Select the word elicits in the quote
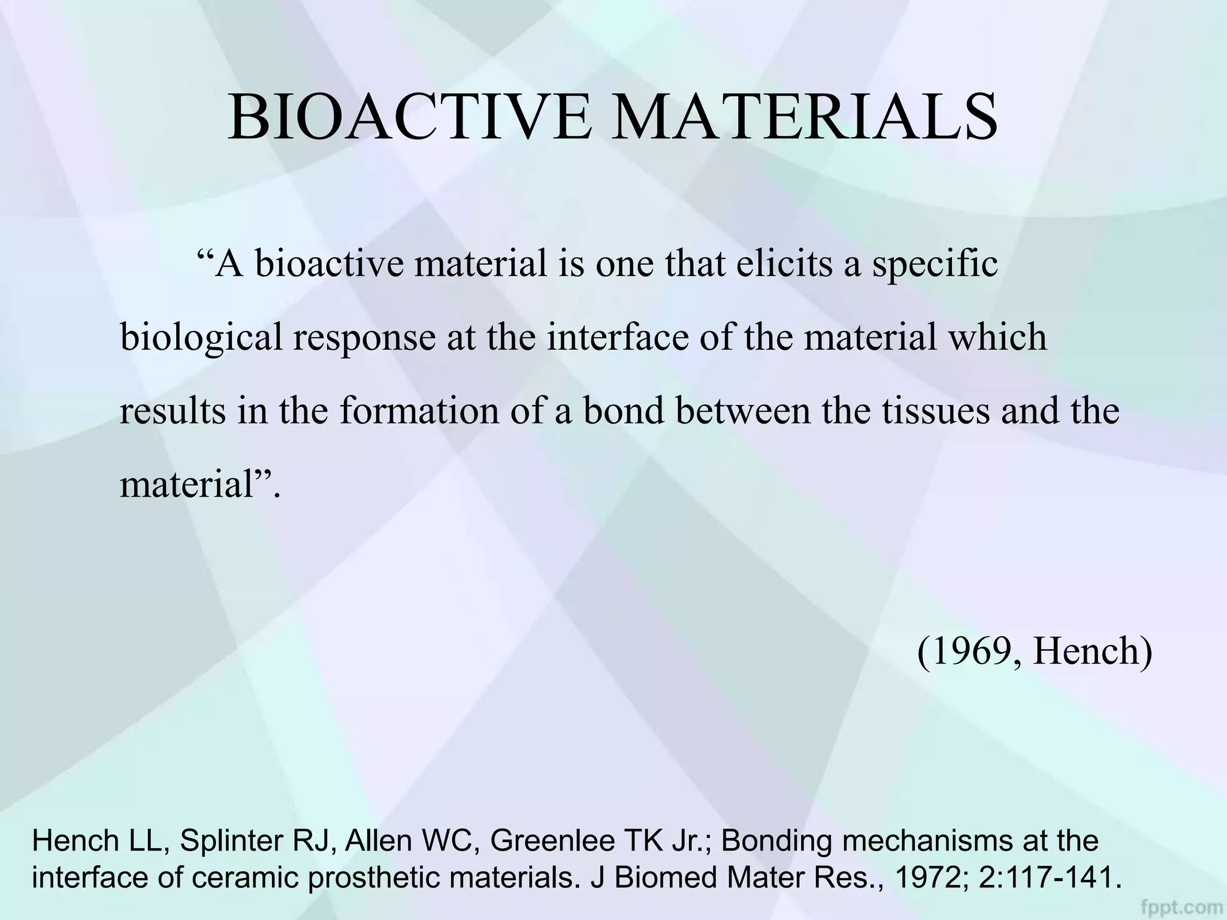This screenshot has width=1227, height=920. click(784, 264)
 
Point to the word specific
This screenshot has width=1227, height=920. click(935, 265)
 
